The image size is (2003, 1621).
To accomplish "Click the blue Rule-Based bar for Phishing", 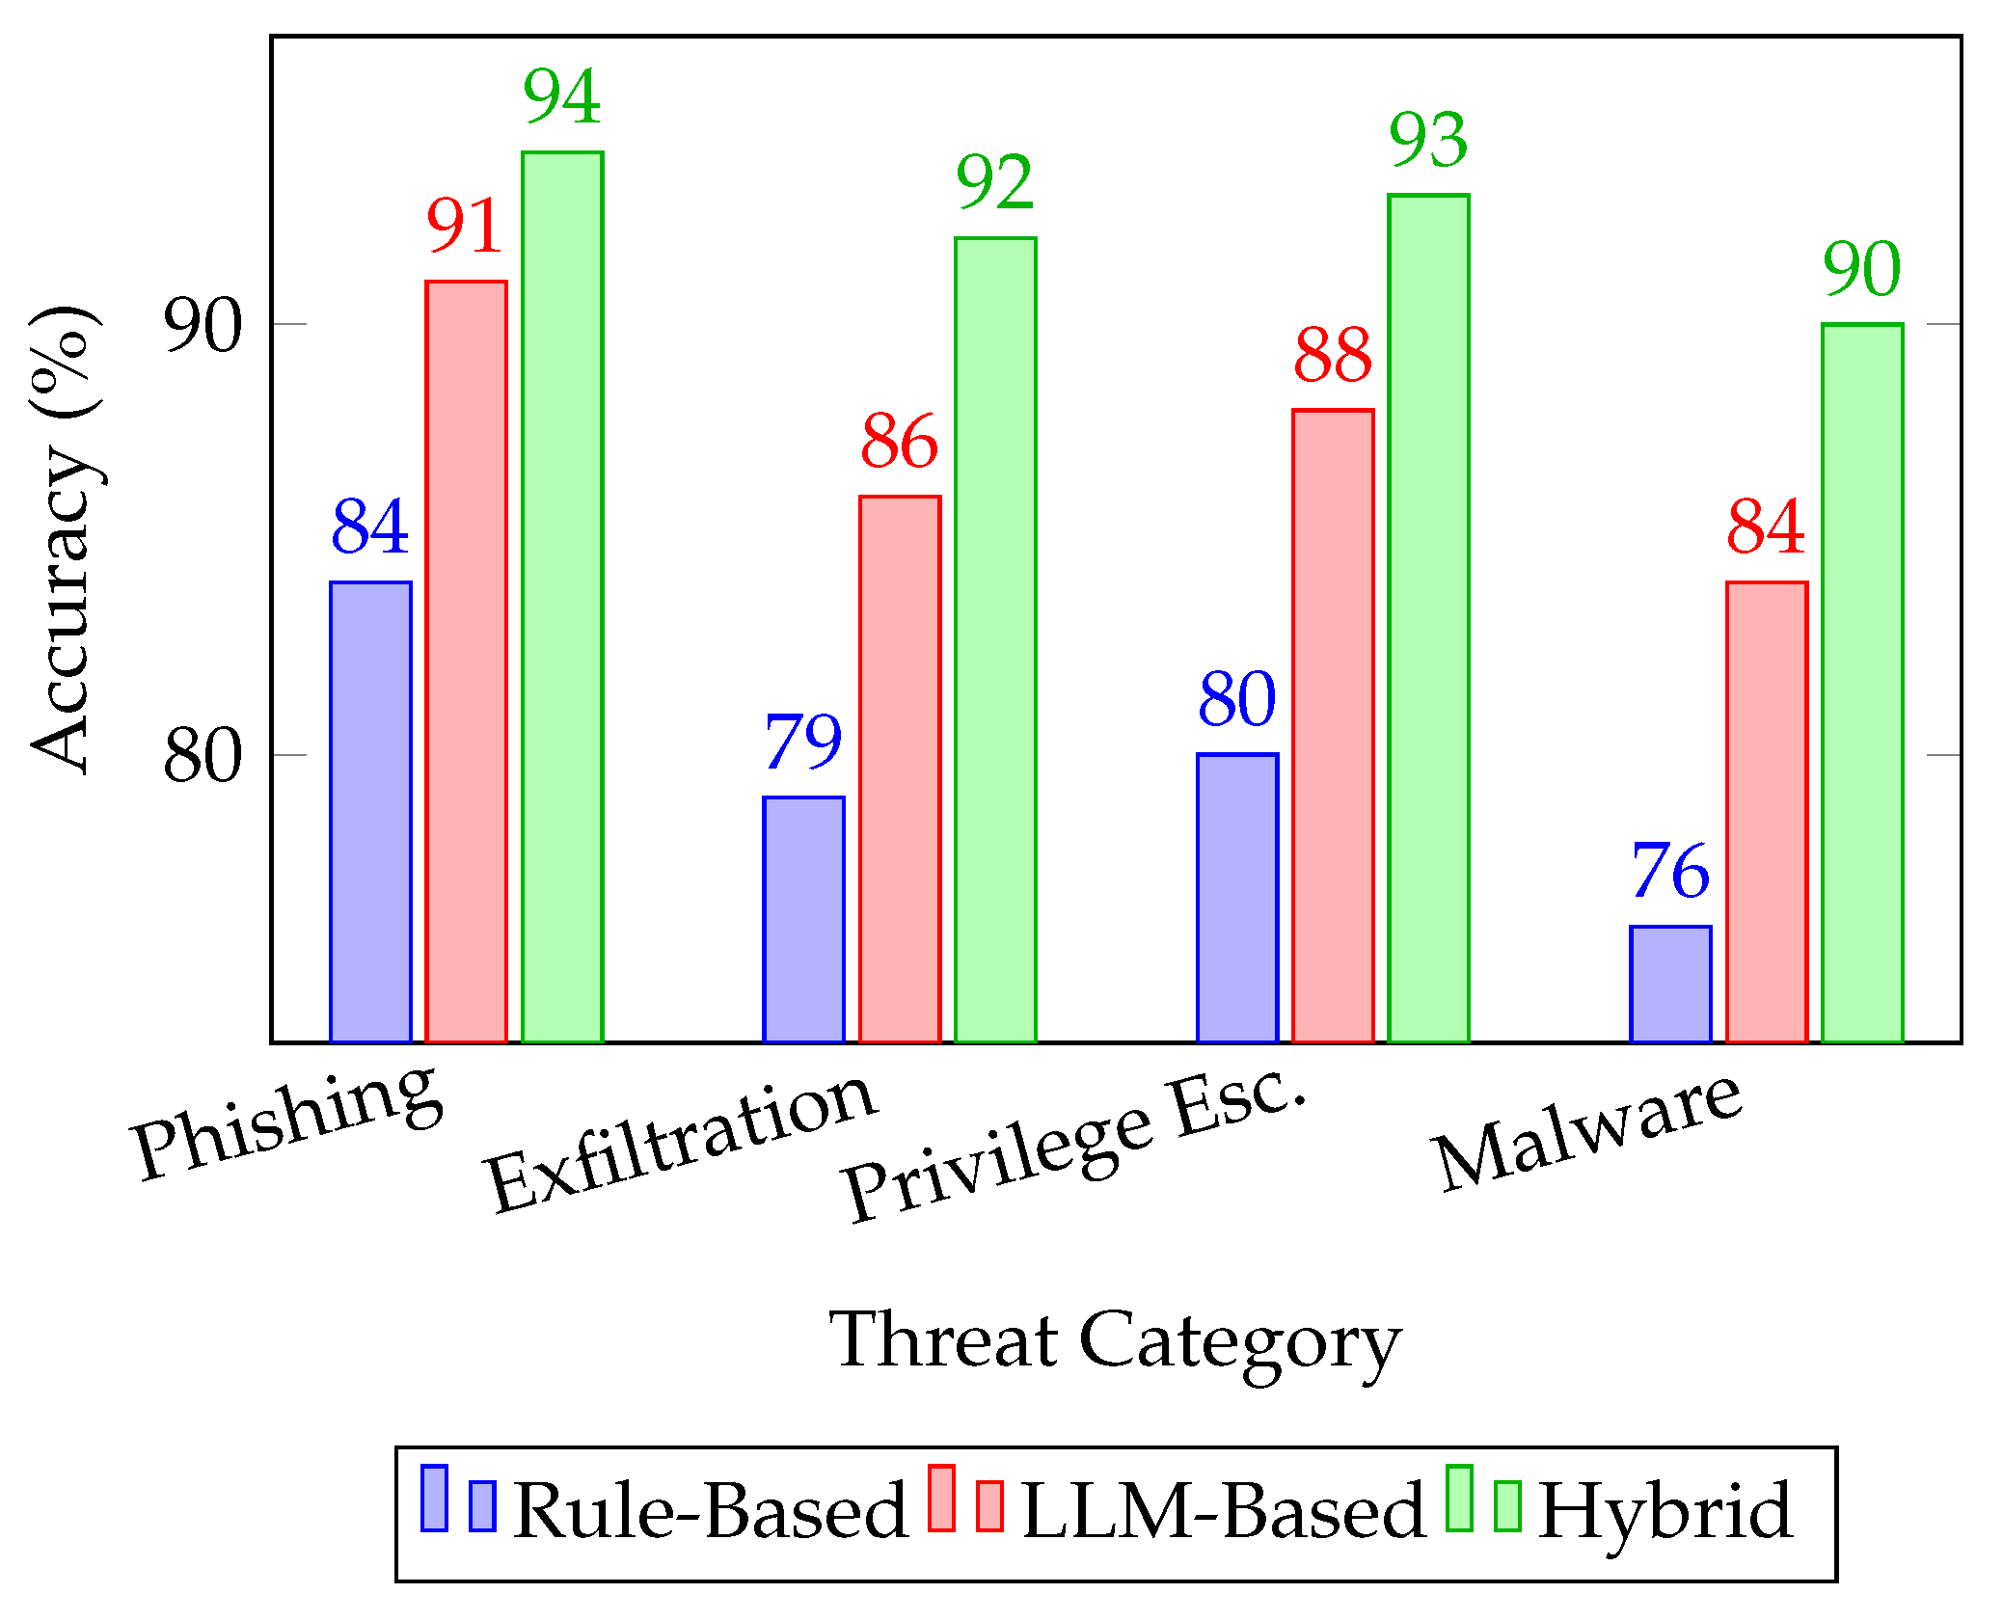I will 370,811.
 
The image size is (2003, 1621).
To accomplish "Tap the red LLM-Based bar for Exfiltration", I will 900,769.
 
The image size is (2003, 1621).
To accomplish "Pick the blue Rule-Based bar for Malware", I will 1670,984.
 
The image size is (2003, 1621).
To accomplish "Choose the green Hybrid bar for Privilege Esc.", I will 1428,617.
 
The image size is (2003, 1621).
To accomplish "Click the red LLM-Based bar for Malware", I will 1766,811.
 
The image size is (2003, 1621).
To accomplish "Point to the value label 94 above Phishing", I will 562,96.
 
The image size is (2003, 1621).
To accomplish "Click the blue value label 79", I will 803,742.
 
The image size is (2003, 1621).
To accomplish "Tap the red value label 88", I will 1333,355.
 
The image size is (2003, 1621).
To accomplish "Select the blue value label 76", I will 1670,871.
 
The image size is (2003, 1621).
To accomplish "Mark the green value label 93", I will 1428,140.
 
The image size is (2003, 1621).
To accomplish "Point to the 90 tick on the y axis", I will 203,325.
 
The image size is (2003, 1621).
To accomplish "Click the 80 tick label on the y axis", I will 203,755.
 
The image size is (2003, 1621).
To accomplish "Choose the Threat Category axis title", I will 1115,1340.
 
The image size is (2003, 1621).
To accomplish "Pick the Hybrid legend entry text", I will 1665,1511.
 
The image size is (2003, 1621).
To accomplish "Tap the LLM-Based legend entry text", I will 1223,1511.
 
